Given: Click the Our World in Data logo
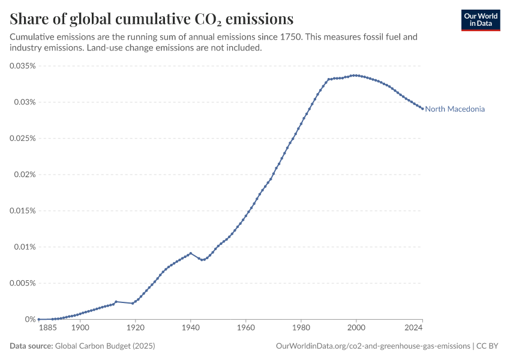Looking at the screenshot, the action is (481, 20).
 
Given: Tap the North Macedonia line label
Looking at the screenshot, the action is (455, 109).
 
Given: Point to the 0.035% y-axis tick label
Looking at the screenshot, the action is (22, 66).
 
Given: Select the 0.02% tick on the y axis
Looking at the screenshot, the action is (25, 175).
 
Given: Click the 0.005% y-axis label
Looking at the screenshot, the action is (22, 283).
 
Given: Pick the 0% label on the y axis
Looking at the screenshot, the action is (30, 319).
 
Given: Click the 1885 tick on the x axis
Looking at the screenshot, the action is (48, 328).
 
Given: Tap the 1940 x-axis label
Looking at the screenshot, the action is (191, 328).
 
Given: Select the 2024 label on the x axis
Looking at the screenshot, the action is (413, 328).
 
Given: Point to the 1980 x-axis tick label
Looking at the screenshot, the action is (301, 328).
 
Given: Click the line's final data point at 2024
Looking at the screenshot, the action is (422, 109).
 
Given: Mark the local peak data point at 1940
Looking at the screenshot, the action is (191, 253).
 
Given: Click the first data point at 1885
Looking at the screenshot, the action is (39, 319).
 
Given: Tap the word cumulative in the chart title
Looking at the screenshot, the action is (153, 19).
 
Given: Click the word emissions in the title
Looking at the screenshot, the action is (260, 19).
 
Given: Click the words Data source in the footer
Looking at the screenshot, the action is (31, 346).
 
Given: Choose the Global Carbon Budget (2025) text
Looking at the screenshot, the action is (105, 346).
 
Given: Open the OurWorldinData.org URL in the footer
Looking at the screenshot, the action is (373, 346).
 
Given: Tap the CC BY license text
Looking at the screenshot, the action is (487, 346).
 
